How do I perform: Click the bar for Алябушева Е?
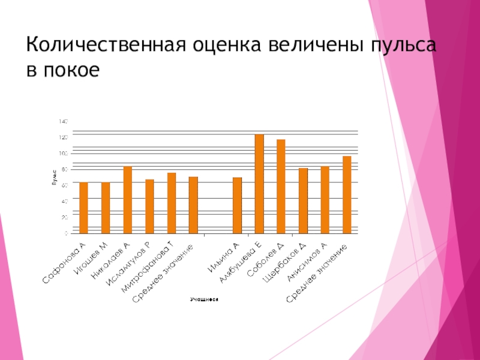click(x=259, y=184)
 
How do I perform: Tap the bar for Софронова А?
click(x=83, y=208)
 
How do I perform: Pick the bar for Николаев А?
click(x=127, y=200)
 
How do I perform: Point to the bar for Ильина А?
click(x=237, y=205)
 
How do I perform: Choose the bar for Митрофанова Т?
click(x=171, y=203)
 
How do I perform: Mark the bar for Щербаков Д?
click(x=303, y=200)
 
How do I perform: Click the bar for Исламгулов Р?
click(x=149, y=206)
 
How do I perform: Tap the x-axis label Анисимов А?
click(x=307, y=261)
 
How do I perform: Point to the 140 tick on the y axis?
click(x=63, y=121)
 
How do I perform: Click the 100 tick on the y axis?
click(x=63, y=153)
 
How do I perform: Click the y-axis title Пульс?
click(x=53, y=178)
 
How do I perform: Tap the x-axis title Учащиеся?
click(x=203, y=298)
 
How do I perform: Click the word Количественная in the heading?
click(x=104, y=46)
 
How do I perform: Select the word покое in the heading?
click(x=71, y=70)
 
